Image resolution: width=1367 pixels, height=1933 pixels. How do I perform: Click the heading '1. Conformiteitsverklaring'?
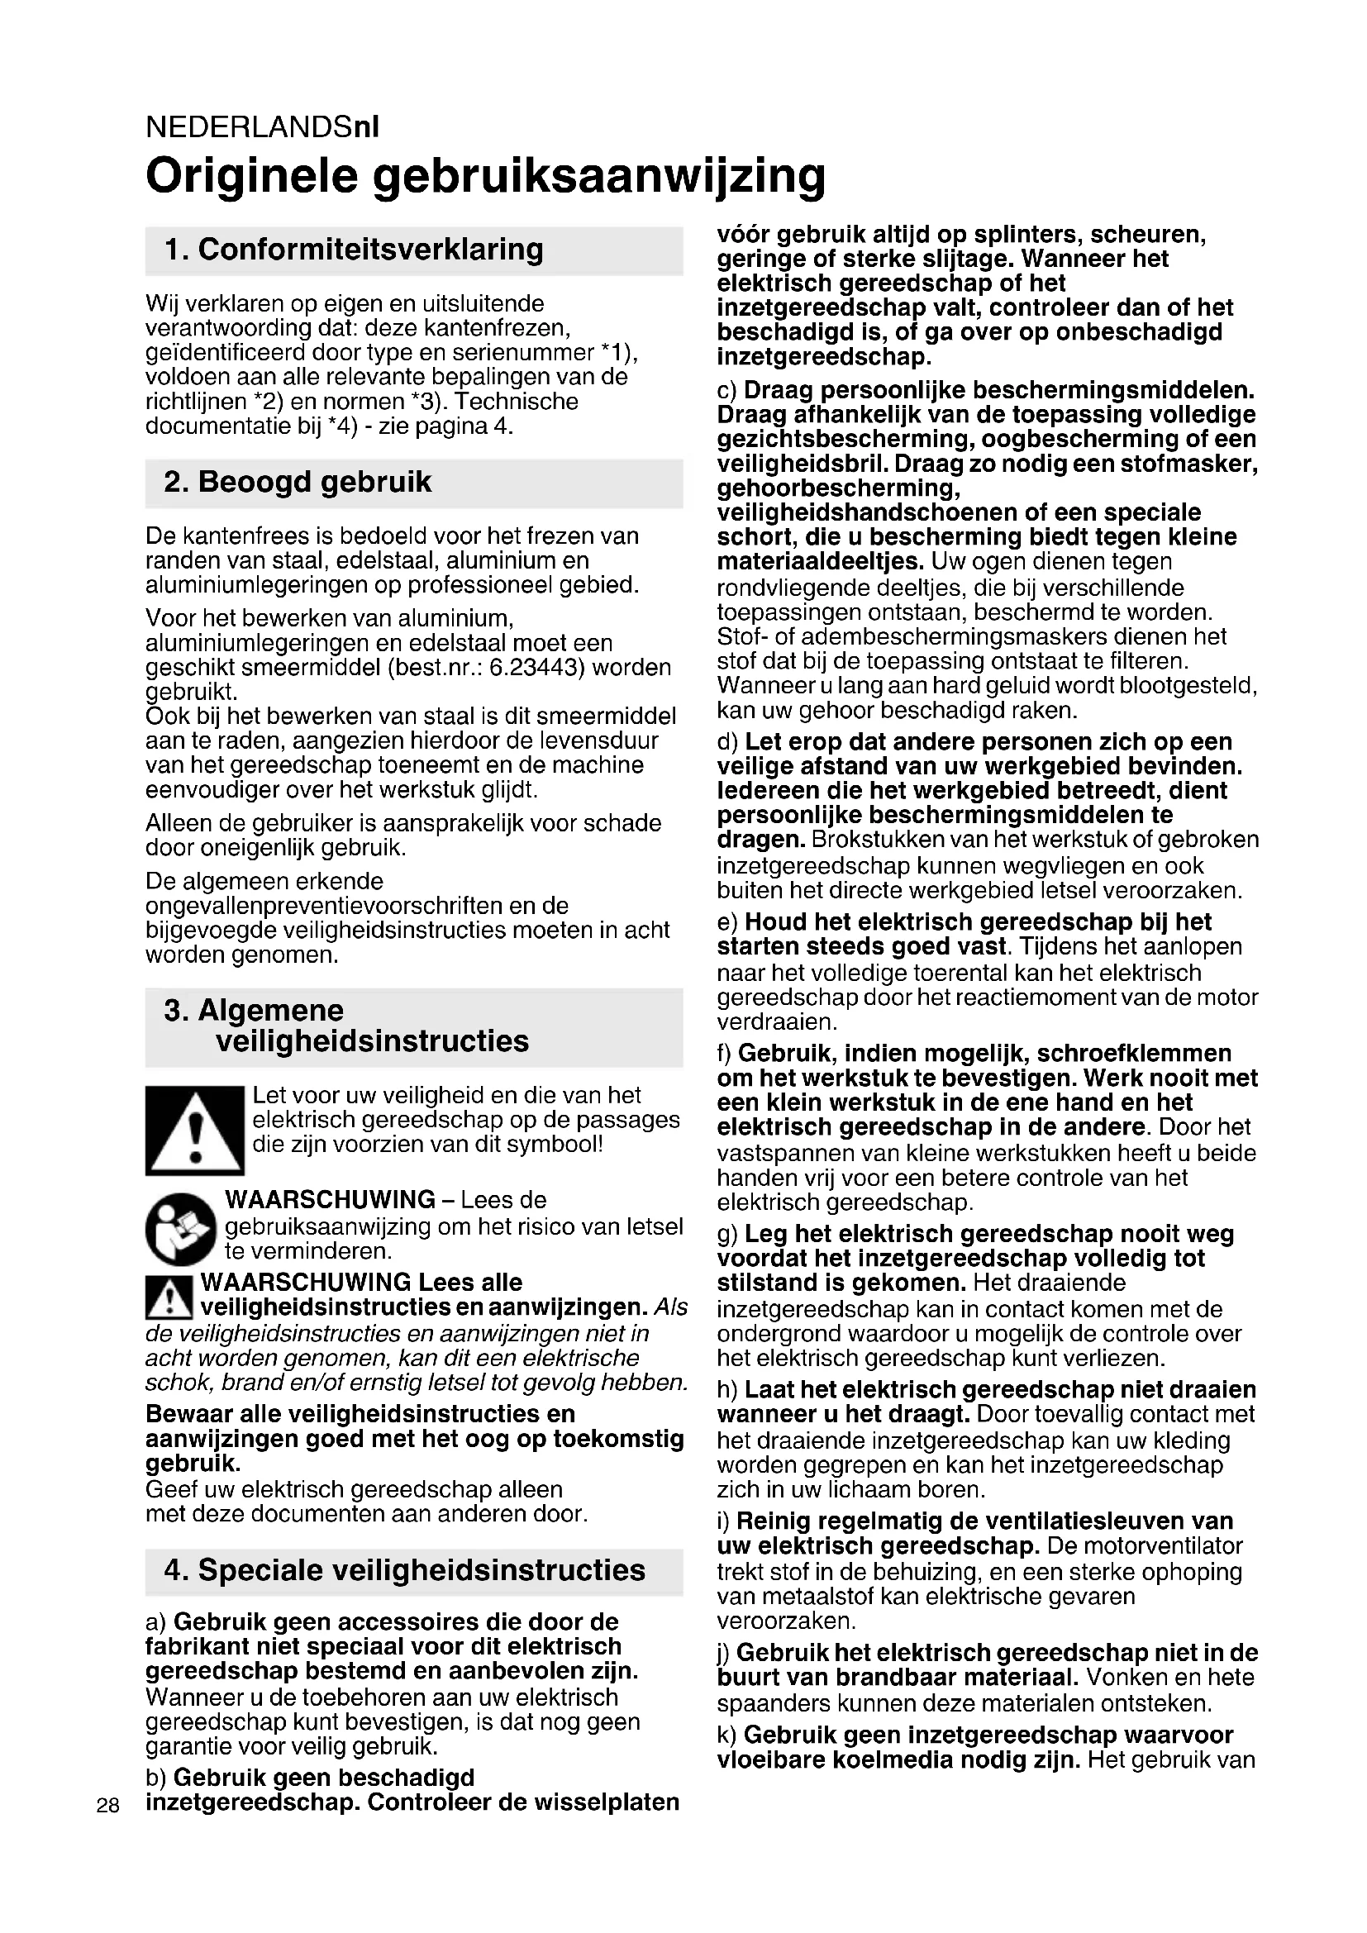point(354,250)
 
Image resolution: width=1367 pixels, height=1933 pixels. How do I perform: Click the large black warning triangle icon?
point(194,1130)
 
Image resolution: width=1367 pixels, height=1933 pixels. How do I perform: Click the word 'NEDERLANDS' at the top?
point(249,127)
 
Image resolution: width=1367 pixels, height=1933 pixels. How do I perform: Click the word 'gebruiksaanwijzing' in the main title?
point(599,177)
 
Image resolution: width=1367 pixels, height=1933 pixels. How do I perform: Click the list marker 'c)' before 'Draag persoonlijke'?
point(727,391)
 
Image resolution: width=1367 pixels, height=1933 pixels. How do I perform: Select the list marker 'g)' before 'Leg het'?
point(727,1235)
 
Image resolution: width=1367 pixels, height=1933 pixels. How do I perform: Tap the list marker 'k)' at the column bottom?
point(727,1735)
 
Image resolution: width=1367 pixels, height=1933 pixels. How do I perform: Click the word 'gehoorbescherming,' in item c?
point(838,488)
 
